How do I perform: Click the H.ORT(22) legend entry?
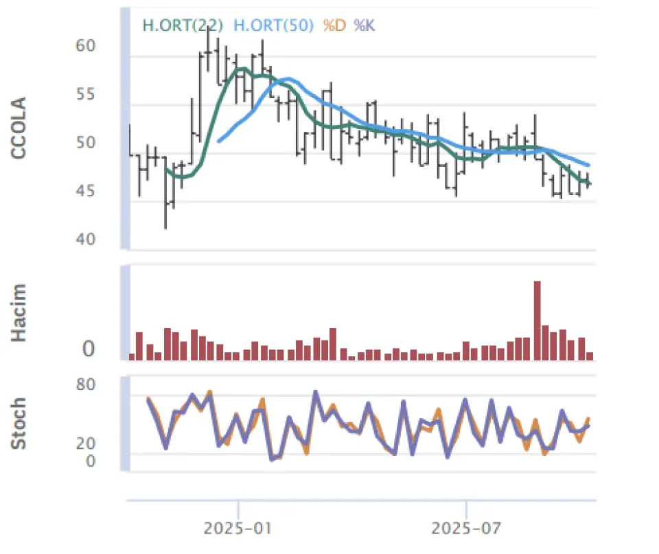pos(182,25)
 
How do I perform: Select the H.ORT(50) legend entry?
pos(274,25)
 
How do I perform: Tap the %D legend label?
pos(334,25)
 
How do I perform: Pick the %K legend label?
pos(365,25)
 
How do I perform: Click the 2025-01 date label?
pos(238,529)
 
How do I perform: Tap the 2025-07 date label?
pos(466,529)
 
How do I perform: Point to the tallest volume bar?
pos(537,320)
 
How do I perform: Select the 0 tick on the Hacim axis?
pos(89,350)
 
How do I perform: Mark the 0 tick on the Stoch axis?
pos(89,461)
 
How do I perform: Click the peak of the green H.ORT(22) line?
pos(242,69)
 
